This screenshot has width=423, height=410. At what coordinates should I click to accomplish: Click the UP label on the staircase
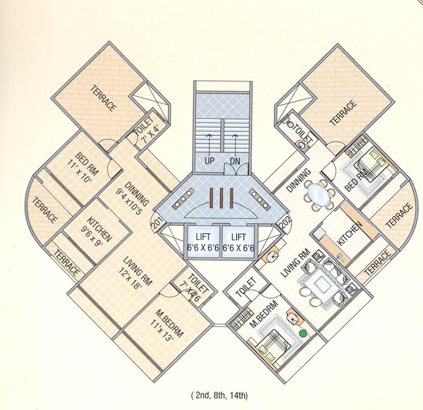click(x=209, y=162)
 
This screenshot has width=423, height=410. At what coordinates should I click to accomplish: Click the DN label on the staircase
click(x=235, y=162)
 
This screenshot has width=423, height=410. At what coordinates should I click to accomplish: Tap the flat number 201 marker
click(x=157, y=223)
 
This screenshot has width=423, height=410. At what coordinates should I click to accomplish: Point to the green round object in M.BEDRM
click(x=303, y=332)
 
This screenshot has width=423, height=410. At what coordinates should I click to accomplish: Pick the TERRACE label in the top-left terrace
click(x=103, y=98)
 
